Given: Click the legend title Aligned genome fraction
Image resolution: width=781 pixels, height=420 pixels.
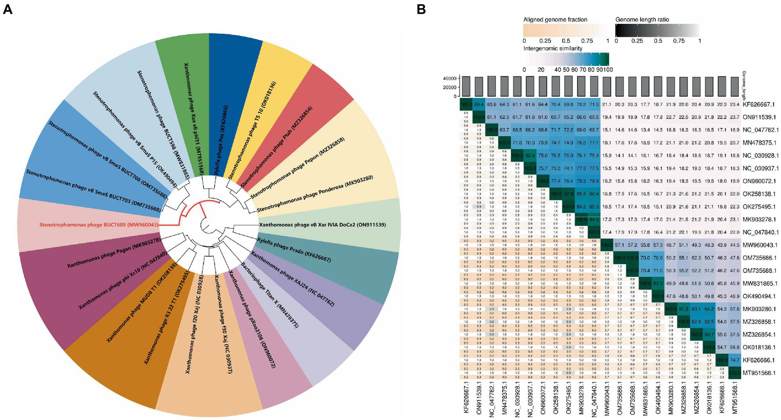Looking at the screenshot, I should [555, 20].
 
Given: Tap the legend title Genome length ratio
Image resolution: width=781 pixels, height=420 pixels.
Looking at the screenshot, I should [642, 20].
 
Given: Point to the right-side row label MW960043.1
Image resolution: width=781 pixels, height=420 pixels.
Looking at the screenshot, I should [758, 245].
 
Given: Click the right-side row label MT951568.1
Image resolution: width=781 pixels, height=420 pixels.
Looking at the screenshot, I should [758, 373].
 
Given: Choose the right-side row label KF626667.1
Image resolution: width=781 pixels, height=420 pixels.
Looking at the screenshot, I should [758, 104].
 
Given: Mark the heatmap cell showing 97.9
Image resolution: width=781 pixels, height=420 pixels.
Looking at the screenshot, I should [569, 194].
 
